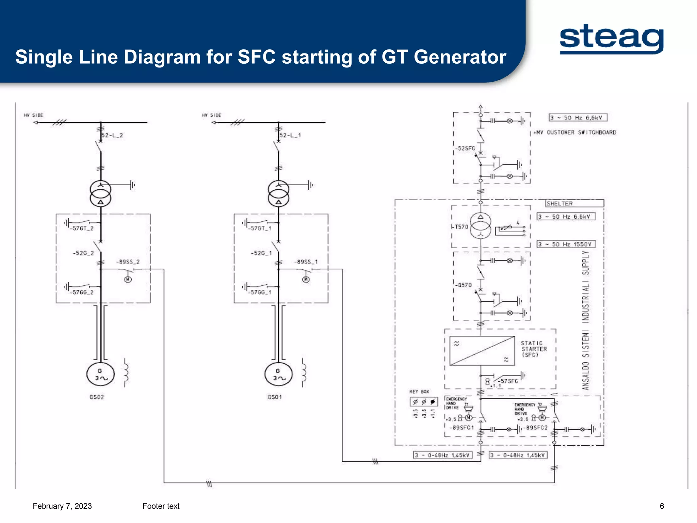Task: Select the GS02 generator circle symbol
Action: (100, 374)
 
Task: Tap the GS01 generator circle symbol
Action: (278, 374)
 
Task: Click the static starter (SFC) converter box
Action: (482, 351)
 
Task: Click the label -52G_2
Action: (83, 253)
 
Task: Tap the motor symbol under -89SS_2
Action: (128, 280)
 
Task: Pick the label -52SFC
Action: (465, 148)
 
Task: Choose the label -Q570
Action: (464, 285)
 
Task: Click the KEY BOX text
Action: (419, 392)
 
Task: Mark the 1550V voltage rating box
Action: (566, 244)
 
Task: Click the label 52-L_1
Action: (290, 135)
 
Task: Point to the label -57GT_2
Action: (82, 228)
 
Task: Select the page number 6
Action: (662, 506)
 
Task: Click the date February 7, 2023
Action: (62, 506)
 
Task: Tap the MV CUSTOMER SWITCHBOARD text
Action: (575, 132)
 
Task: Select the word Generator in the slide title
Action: (460, 57)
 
